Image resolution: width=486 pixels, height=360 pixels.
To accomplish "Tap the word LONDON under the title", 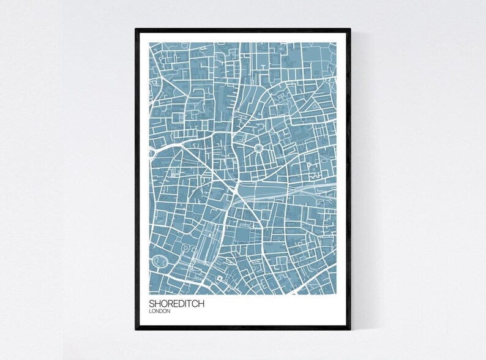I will pos(159,311).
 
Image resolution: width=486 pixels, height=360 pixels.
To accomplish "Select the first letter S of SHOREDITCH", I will pos(152,303).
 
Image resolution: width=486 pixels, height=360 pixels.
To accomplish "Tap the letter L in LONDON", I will pos(151,311).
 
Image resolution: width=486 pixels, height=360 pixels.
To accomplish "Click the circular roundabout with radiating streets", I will pos(256,147).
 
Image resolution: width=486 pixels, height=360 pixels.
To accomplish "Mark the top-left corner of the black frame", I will pos(136,29).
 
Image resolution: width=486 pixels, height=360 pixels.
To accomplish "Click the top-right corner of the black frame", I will pos(350,29).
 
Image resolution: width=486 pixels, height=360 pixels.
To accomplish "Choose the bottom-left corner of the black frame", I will pos(136,329).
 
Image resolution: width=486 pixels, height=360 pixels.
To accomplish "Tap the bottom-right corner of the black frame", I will pos(350,329).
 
